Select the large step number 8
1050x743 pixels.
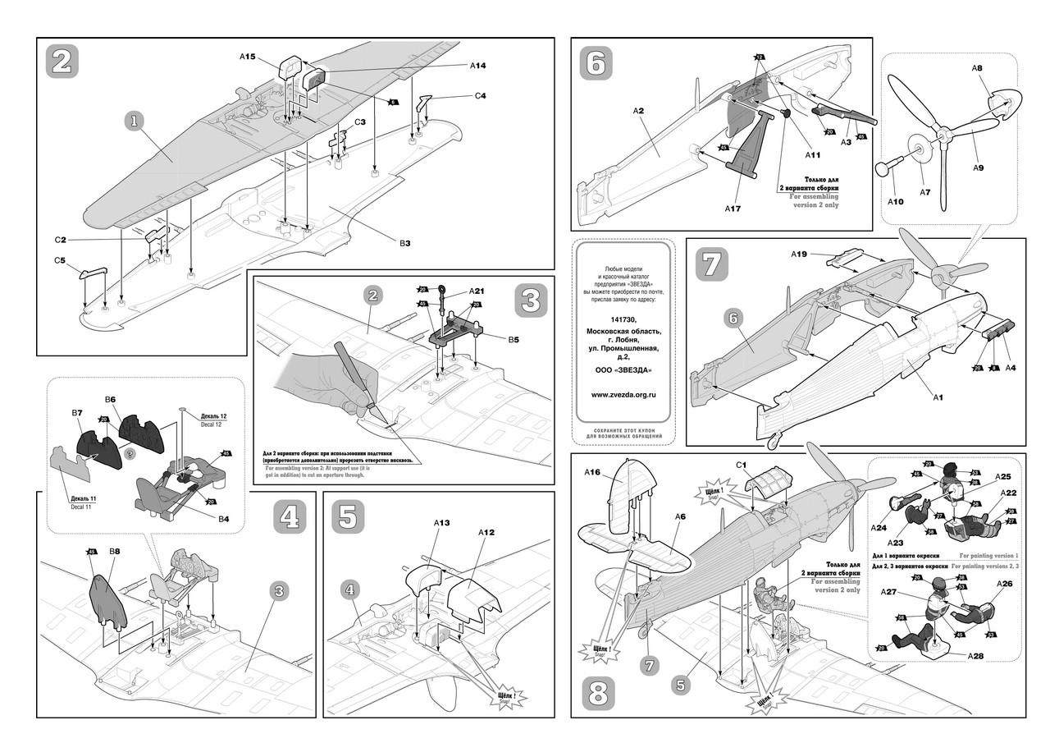coord(597,695)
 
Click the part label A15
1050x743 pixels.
coord(248,57)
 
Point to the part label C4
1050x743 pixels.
coord(480,96)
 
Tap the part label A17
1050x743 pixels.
coord(733,209)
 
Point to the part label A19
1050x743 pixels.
coord(801,254)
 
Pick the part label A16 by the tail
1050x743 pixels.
coord(593,472)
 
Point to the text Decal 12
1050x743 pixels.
coord(209,424)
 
